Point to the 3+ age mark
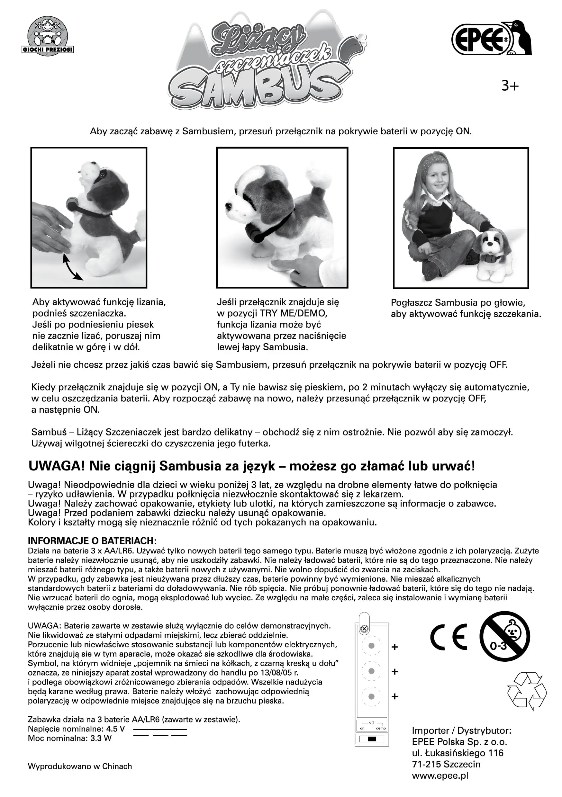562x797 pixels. point(510,85)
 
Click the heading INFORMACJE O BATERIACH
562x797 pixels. point(92,541)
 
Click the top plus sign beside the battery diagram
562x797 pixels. point(394,647)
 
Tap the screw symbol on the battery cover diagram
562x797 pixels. point(364,629)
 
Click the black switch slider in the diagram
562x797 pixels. point(372,739)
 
